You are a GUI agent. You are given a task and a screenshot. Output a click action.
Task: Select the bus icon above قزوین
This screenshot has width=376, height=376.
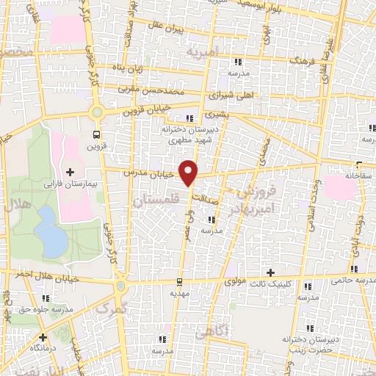coord(95,134)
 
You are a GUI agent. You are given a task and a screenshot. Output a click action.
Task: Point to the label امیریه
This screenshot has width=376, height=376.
coord(203,54)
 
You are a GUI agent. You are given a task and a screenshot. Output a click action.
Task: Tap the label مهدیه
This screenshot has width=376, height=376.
coord(180,292)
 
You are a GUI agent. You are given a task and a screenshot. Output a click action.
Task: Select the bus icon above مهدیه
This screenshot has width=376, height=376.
coord(180,281)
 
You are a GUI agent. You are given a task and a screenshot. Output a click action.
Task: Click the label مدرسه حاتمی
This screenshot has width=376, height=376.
coord(352,279)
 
